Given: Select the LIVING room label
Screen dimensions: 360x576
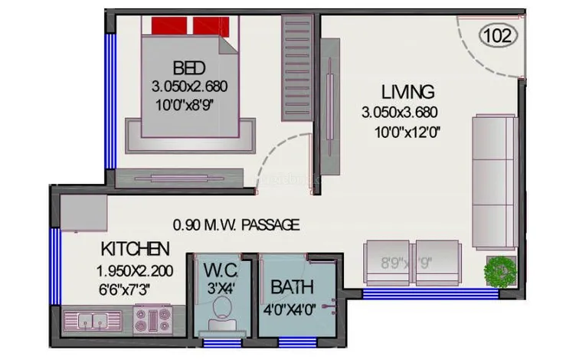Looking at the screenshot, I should click(409, 92).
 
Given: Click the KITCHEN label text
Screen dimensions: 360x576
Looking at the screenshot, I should click(135, 249).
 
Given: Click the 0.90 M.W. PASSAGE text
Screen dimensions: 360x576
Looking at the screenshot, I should click(236, 225).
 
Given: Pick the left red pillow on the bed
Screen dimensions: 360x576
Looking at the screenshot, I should click(169, 26).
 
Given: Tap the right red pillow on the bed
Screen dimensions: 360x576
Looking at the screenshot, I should click(211, 26).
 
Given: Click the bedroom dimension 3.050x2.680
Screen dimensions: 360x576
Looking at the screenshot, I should click(189, 85).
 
